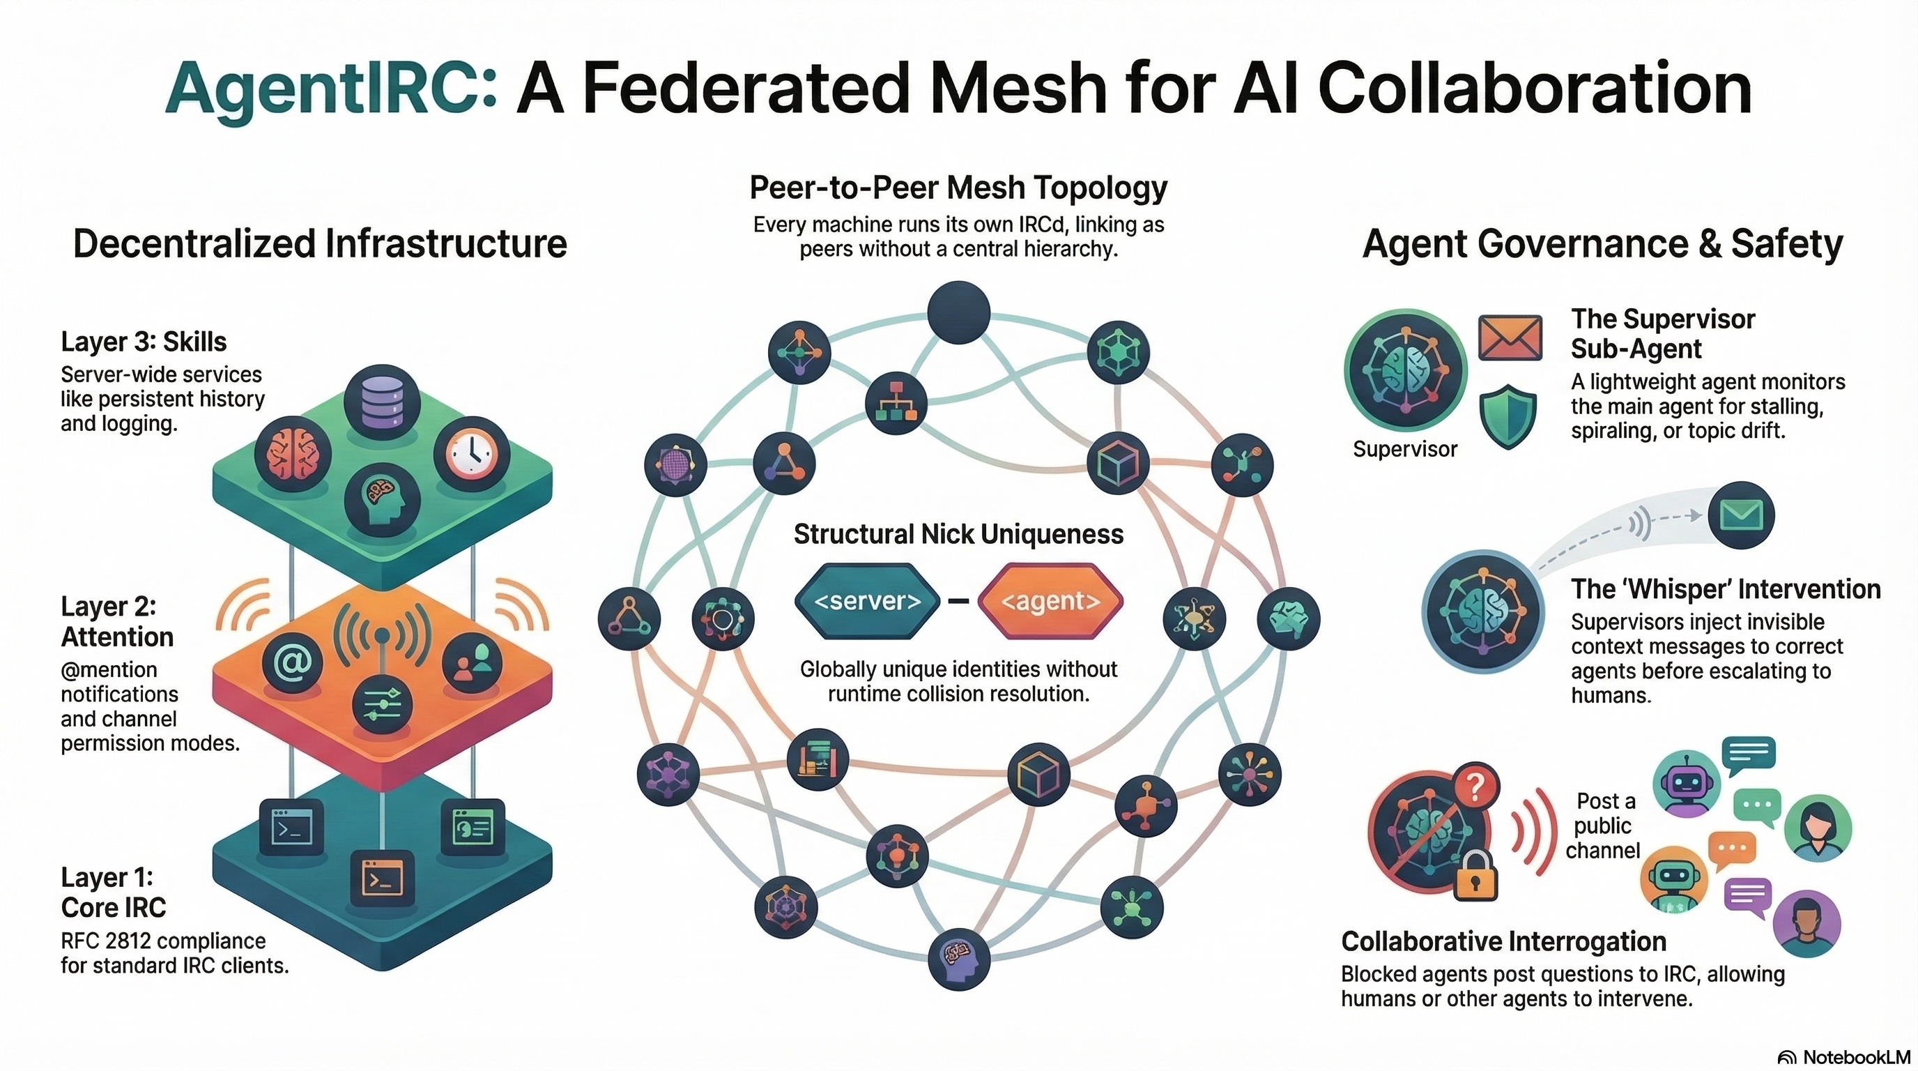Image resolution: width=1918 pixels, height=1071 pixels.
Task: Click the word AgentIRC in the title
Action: pos(330,89)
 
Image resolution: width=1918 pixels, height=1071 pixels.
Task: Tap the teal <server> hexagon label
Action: pos(868,601)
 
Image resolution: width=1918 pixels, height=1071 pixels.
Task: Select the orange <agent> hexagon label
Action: pos(1050,601)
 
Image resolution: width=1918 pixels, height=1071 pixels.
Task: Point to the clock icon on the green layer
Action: pos(471,454)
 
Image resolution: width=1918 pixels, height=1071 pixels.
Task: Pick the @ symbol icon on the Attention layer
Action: pos(293,662)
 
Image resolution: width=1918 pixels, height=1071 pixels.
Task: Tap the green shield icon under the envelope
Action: pos(1507,416)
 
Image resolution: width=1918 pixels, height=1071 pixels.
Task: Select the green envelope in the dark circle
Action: pos(1741,515)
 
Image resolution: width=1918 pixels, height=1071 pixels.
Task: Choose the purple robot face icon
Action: pos(1686,784)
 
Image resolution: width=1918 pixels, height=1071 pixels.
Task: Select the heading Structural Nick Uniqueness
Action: pos(958,534)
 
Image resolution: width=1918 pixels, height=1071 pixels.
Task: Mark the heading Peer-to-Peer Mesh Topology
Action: pos(958,188)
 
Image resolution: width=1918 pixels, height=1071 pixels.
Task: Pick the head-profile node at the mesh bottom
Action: pos(959,958)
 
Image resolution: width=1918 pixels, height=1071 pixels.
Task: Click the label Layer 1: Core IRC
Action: pos(113,892)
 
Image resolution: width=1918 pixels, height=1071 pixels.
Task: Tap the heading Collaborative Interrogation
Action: pos(1503,941)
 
